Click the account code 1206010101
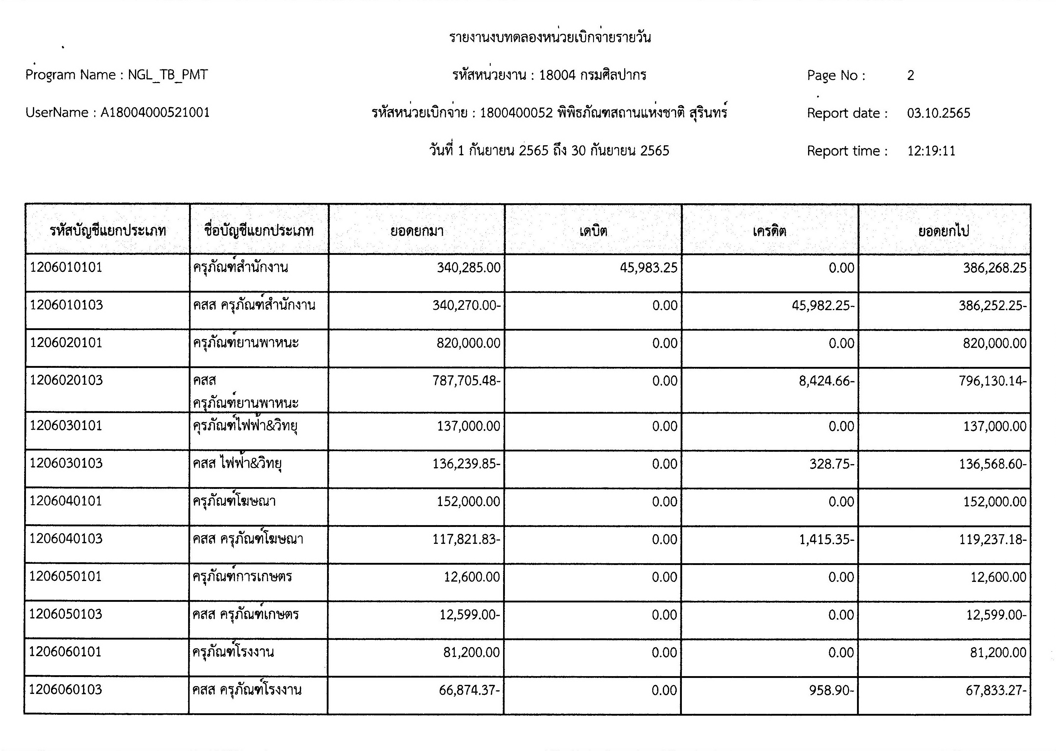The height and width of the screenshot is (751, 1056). pos(66,267)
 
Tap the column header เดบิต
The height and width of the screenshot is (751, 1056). pos(593,231)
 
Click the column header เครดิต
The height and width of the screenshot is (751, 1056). pos(769,231)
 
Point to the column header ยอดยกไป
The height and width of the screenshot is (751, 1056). pos(944,231)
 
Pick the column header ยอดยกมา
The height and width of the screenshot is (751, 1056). pos(417,231)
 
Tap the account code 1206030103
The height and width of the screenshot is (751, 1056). pos(66,463)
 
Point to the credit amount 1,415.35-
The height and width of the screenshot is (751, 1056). pos(827,540)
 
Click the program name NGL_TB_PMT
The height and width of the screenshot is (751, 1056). pos(168,75)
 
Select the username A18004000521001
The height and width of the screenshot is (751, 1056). pos(155,112)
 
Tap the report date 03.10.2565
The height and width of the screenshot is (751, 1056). pos(938,113)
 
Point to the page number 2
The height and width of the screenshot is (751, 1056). pos(910,75)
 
